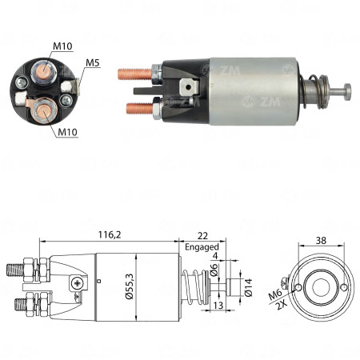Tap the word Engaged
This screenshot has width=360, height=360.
coord(201,247)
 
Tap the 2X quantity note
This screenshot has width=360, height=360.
coord(280,306)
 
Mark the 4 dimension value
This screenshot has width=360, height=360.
coord(215,256)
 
